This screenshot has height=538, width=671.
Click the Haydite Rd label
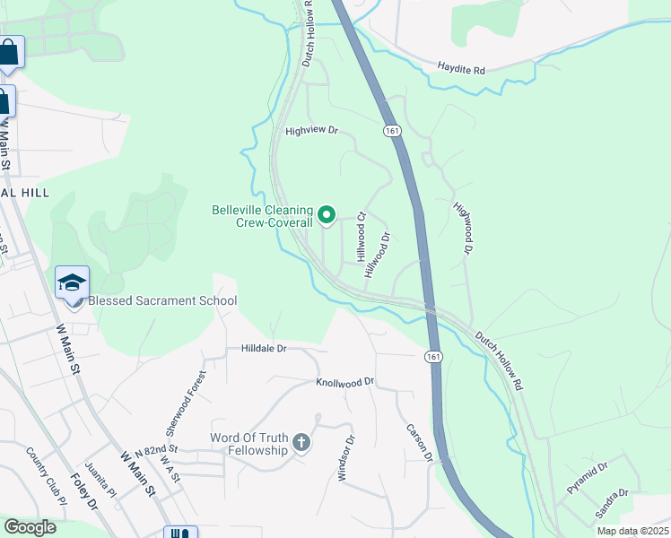pyautogui.click(x=461, y=67)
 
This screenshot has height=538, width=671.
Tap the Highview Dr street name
pyautogui.click(x=311, y=131)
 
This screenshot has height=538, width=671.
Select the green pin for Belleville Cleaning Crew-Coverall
pyautogui.click(x=327, y=214)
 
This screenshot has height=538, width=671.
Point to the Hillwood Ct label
pyautogui.click(x=362, y=236)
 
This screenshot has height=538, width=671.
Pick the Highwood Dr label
pyautogui.click(x=463, y=228)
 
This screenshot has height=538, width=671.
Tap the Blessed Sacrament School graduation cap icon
pyautogui.click(x=73, y=283)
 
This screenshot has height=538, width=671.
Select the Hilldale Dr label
pyautogui.click(x=263, y=348)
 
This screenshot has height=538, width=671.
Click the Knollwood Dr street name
pyautogui.click(x=344, y=383)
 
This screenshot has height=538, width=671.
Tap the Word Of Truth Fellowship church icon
pyautogui.click(x=301, y=443)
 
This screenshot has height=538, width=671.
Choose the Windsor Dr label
pyautogui.click(x=346, y=458)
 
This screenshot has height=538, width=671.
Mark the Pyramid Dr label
pyautogui.click(x=588, y=477)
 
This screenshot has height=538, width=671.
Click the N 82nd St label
pyautogui.click(x=156, y=449)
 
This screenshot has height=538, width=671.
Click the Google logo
pyautogui.click(x=30, y=527)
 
